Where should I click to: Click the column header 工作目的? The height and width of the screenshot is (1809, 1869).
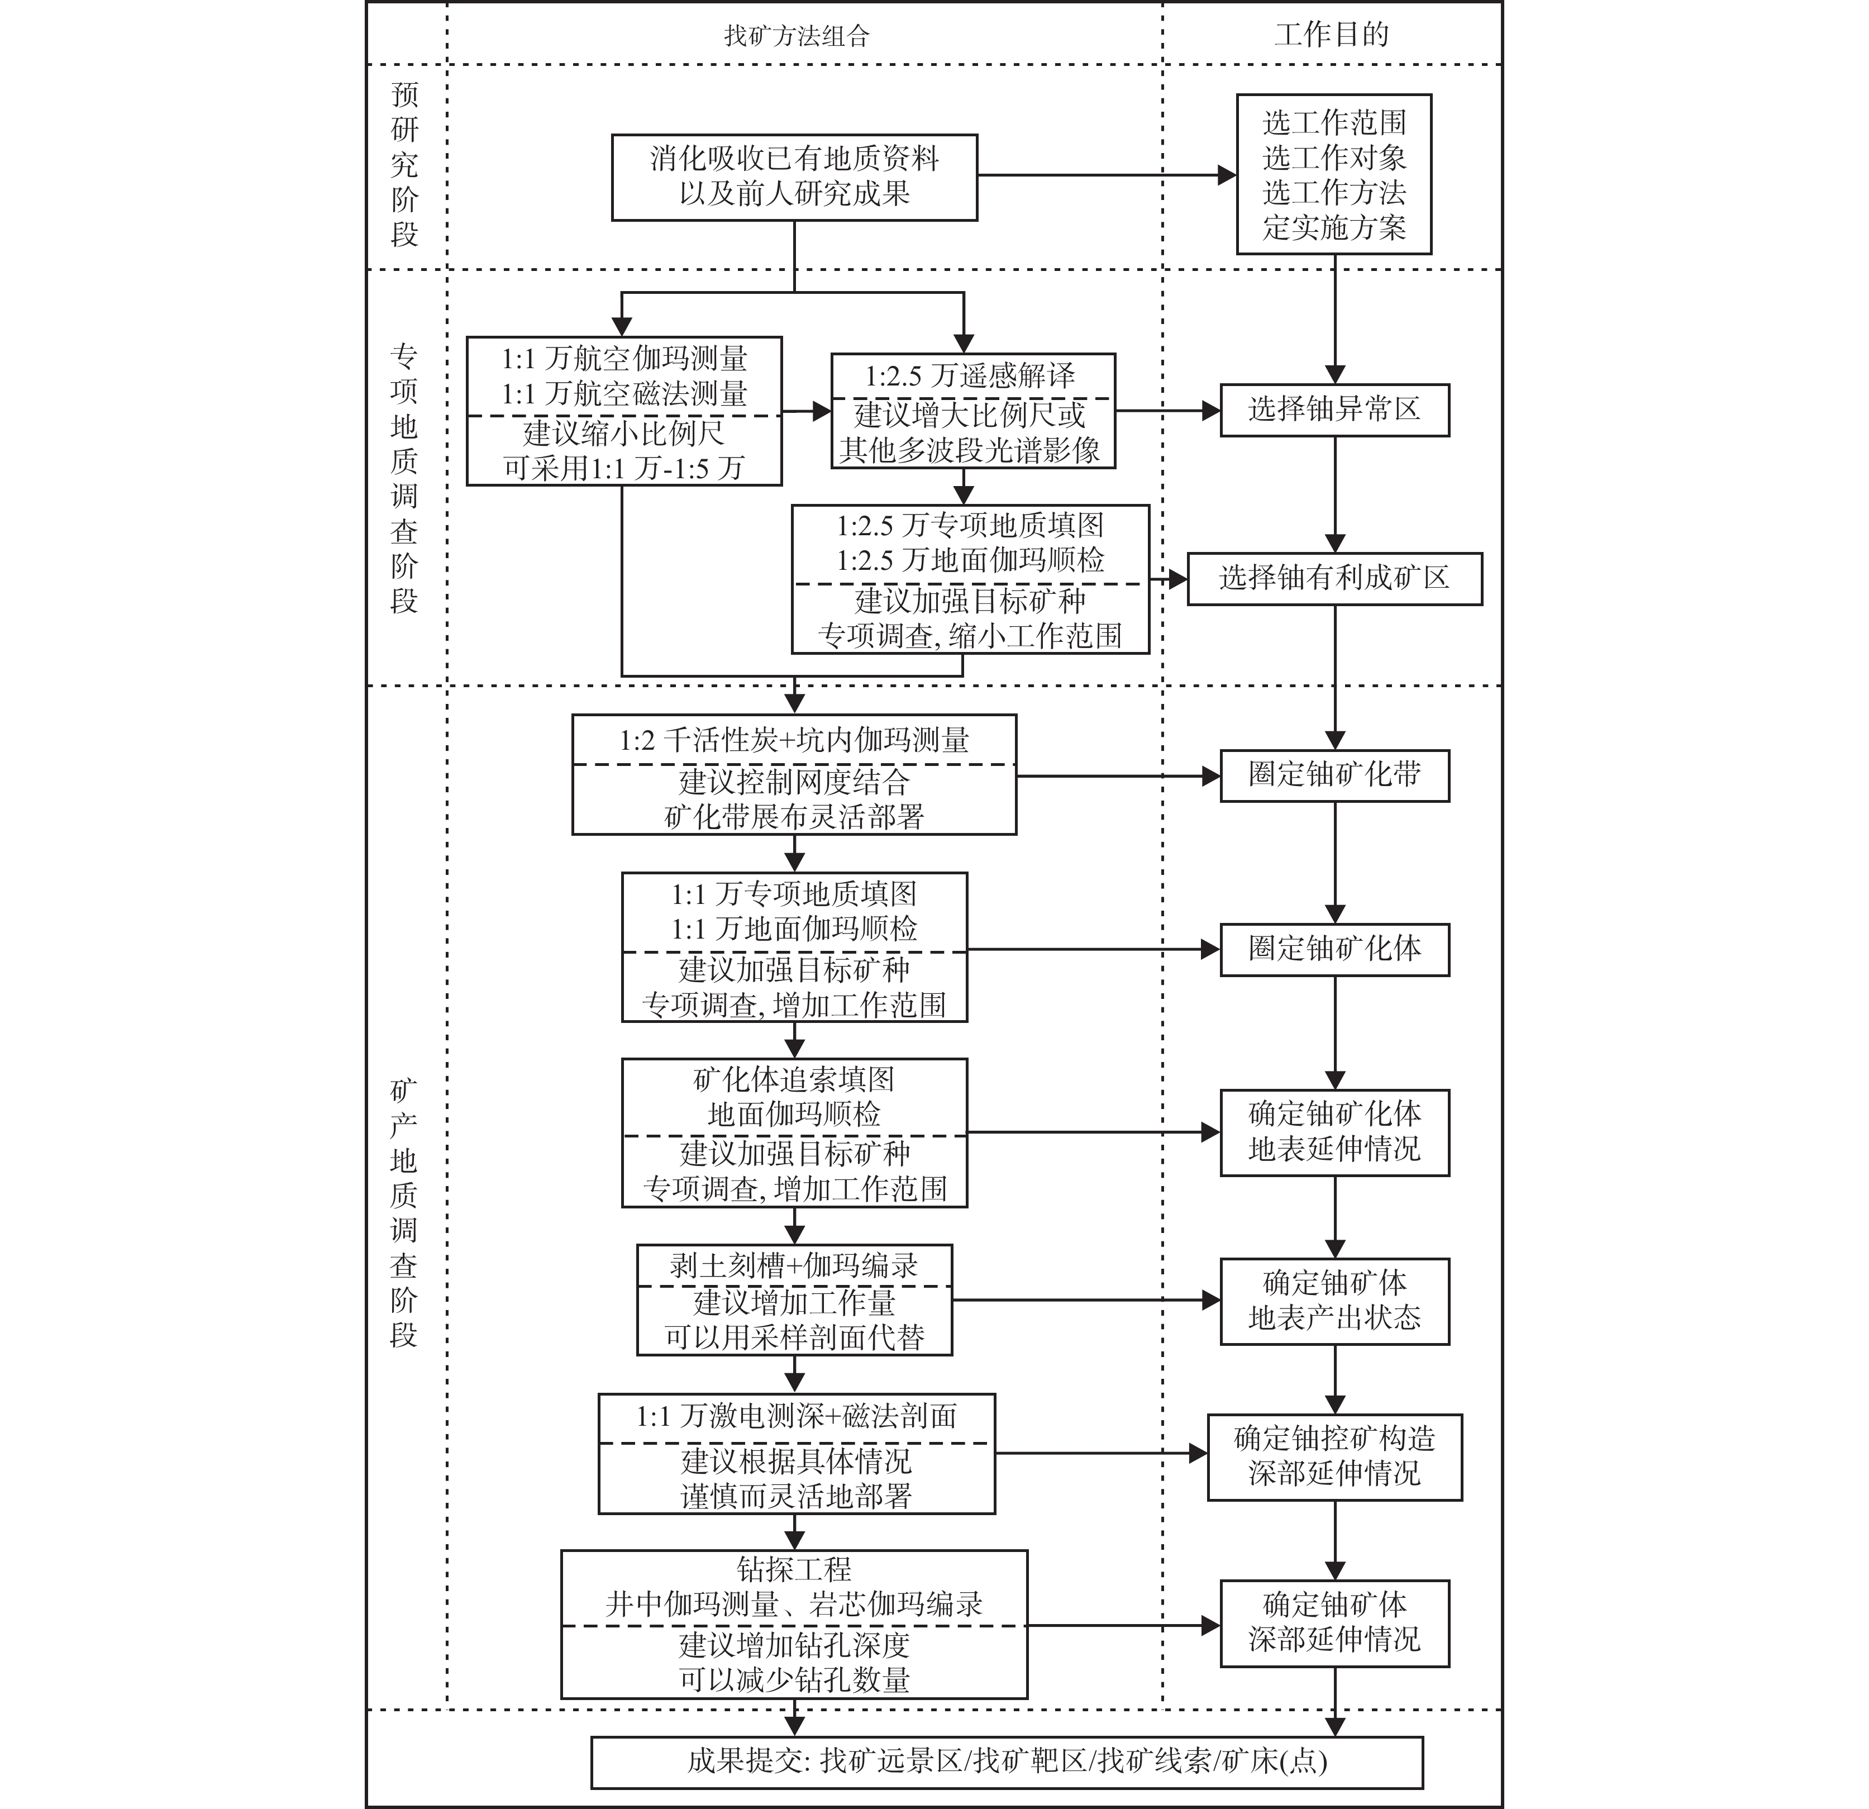pyautogui.click(x=1332, y=35)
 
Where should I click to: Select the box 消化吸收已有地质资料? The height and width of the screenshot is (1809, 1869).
pyautogui.click(x=794, y=177)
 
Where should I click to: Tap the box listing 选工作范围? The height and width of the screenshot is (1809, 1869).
pyautogui.click(x=1334, y=174)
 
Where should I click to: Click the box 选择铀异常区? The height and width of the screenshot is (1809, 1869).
pyautogui.click(x=1334, y=410)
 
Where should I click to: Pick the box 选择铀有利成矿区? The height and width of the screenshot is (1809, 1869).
pyautogui.click(x=1334, y=578)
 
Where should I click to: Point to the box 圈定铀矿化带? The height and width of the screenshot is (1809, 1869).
pyautogui.click(x=1334, y=775)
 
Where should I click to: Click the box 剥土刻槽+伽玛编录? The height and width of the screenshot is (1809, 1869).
pyautogui.click(x=794, y=1300)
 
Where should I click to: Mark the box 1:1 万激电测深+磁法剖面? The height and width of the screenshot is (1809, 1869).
pyautogui.click(x=796, y=1453)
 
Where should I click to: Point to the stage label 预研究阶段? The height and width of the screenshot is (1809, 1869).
pyautogui.click(x=404, y=165)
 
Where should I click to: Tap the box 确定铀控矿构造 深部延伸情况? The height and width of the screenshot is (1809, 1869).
pyautogui.click(x=1334, y=1456)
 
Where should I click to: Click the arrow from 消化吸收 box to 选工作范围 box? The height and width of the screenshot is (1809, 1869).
pyautogui.click(x=1106, y=175)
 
